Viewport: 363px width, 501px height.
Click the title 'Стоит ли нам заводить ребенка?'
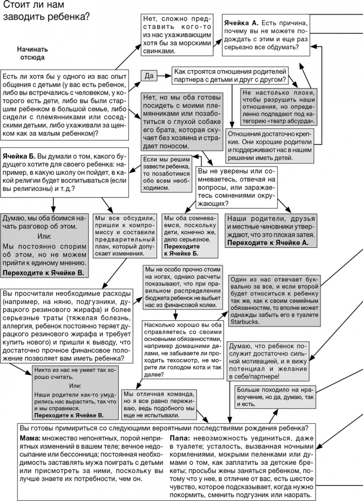pyautogui.click(x=46, y=11)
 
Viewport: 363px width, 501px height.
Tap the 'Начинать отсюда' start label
pyautogui.click(x=32, y=53)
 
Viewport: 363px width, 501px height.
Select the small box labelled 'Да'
pyautogui.click(x=149, y=76)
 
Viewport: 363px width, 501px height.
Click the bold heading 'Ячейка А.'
pyautogui.click(x=242, y=23)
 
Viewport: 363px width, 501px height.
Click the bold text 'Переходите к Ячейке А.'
pyautogui.click(x=268, y=242)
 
